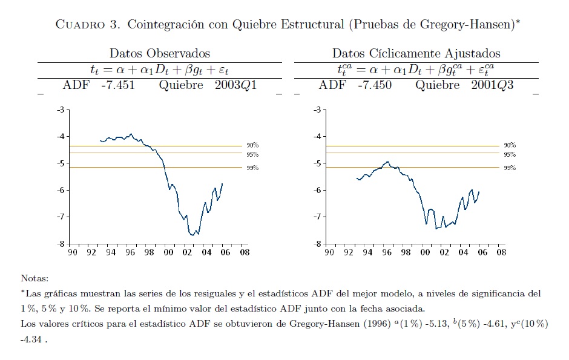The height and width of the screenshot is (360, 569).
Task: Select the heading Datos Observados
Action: (x=160, y=53)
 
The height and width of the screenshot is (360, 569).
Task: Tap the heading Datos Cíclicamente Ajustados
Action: (x=416, y=53)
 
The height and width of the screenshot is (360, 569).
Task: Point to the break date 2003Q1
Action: (x=235, y=85)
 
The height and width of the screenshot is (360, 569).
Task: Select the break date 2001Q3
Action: (x=492, y=85)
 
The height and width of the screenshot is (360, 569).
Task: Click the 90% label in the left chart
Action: (x=252, y=146)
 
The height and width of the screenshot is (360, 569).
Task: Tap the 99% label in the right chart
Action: (x=509, y=168)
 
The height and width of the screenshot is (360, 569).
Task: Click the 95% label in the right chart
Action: (x=509, y=155)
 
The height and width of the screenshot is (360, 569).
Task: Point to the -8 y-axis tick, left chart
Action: (x=61, y=244)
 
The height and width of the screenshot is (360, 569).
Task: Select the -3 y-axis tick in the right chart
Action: (x=317, y=110)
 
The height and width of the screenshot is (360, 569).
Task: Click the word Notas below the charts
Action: (x=34, y=279)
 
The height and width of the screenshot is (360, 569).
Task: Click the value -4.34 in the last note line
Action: (x=31, y=339)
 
